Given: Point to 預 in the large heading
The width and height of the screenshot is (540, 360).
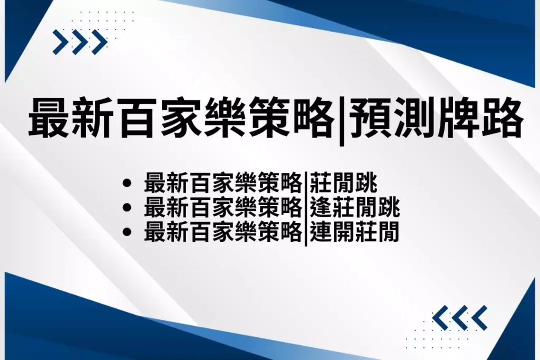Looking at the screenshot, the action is tap(370, 118).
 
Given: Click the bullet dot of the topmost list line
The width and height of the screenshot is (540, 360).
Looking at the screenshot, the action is tap(127, 183).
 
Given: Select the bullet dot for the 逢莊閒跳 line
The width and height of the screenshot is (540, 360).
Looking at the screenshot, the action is tap(127, 207).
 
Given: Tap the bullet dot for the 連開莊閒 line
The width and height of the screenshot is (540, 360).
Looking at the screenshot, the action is tap(127, 231).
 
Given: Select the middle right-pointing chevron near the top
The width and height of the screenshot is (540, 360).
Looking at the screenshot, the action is tap(80, 42).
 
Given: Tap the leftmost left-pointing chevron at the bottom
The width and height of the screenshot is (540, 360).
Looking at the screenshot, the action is tap(440, 317).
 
